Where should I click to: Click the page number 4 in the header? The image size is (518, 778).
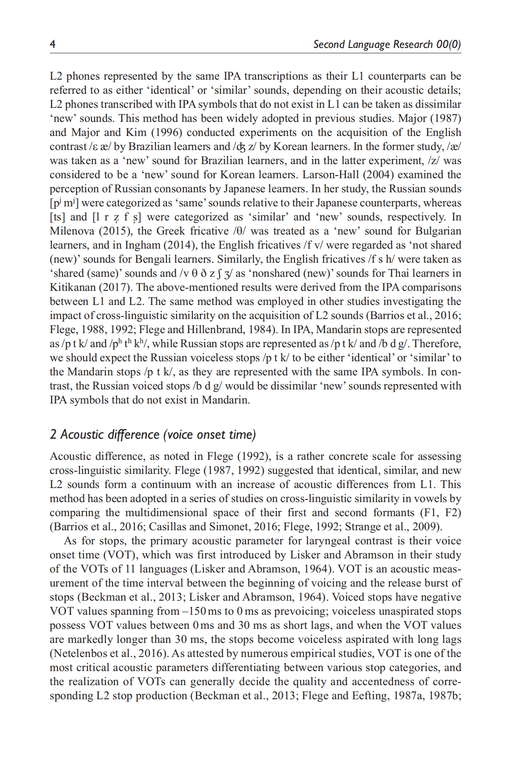point(52,44)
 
